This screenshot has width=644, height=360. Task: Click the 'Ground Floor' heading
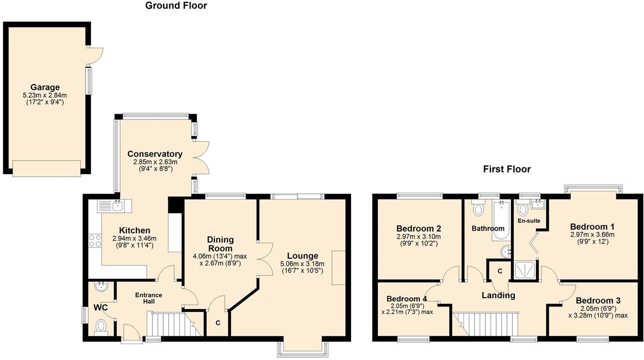point(176,6)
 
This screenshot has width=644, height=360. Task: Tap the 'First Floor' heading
point(507,170)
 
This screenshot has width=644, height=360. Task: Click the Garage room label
point(45,87)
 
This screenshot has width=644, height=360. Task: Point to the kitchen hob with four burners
point(95,240)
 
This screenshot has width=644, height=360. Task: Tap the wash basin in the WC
point(101,287)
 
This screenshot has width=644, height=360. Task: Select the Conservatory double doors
point(201,157)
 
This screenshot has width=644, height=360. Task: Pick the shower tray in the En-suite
point(525,270)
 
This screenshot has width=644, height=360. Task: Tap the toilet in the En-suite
point(522,209)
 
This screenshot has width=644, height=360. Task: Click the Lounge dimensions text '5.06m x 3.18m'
point(302,264)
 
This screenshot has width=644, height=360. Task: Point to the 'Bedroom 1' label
point(592,227)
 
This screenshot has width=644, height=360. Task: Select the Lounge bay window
point(302,348)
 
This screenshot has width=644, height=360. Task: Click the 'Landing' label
point(498,295)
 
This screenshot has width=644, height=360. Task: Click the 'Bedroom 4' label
point(407,299)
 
